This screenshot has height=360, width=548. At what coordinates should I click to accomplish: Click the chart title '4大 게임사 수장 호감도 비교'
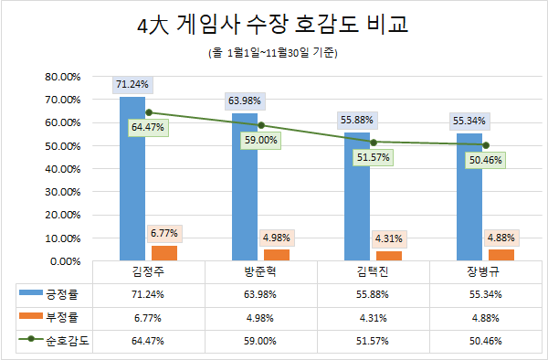[x=273, y=25]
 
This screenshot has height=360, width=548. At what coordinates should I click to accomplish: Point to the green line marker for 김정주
[x=149, y=112]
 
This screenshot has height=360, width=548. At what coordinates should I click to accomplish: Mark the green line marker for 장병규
[x=486, y=145]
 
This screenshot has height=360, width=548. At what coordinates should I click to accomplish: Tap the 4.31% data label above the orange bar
[x=389, y=238]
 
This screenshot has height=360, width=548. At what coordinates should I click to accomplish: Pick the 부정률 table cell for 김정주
[x=149, y=317]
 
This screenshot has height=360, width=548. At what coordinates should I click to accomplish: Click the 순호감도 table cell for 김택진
[x=373, y=341]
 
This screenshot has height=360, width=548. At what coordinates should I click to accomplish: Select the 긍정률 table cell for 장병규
[x=485, y=294]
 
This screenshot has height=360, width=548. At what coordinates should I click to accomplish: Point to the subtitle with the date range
[x=273, y=53]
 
